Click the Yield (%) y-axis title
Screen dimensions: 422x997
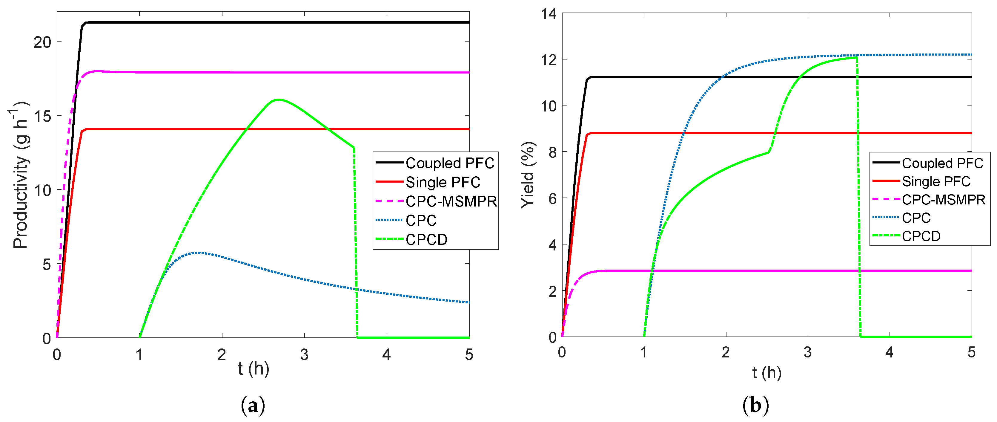coord(528,175)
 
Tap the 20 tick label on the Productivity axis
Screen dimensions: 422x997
coord(42,42)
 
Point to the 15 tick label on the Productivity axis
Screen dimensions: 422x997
coord(42,116)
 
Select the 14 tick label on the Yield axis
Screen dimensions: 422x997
coord(549,14)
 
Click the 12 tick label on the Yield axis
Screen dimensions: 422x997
coord(549,60)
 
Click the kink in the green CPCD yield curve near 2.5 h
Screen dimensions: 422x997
coord(768,152)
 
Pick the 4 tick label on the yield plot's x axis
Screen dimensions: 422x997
coord(890,352)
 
